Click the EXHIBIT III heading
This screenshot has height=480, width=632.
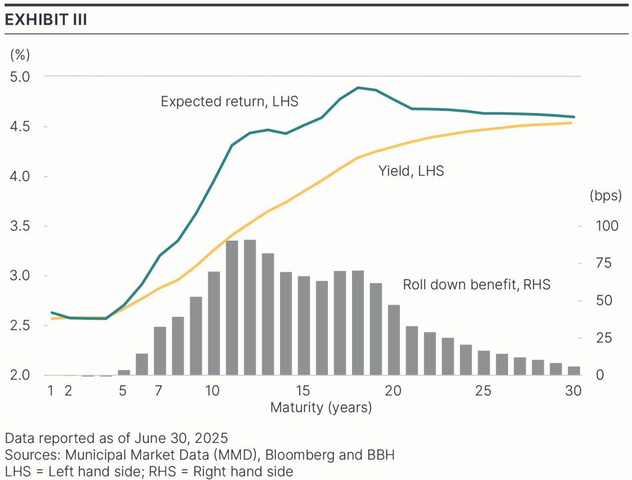(46, 20)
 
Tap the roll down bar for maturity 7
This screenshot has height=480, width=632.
(160, 350)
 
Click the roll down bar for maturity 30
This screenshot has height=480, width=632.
(574, 371)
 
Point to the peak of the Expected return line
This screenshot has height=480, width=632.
(358, 88)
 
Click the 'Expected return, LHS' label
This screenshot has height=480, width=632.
(230, 101)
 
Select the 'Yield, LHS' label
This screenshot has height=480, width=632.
(411, 171)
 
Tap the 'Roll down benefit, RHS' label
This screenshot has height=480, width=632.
(476, 285)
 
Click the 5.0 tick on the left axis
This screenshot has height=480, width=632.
(20, 77)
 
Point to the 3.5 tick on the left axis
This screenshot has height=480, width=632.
(20, 226)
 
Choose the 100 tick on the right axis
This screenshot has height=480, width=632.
(607, 226)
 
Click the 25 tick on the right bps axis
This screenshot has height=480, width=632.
(604, 338)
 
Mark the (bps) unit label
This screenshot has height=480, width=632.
(605, 196)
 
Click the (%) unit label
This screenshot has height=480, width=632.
(20, 55)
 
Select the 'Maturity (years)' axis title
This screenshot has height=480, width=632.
(321, 408)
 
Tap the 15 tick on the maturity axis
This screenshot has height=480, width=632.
(303, 391)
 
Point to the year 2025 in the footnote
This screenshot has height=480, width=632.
(211, 438)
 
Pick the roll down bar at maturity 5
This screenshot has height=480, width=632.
(124, 372)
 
